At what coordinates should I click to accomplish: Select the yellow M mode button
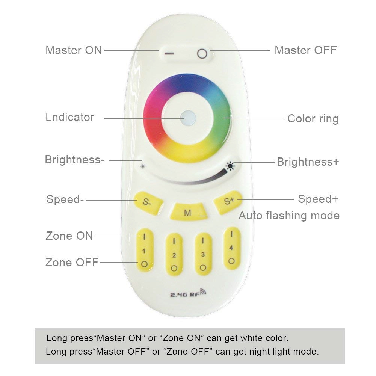[187, 213]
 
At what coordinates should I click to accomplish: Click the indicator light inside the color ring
[186, 118]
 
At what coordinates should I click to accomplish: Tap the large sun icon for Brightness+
[230, 166]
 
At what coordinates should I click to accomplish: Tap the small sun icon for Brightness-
[142, 166]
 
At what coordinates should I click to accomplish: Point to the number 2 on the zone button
[174, 256]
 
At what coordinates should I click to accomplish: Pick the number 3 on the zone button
[203, 255]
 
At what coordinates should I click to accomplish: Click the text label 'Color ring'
[313, 119]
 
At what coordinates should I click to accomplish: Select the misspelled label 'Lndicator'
[70, 117]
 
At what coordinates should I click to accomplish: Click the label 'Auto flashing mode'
[289, 216]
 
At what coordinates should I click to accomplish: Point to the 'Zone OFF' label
[72, 262]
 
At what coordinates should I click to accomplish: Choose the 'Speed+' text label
[318, 199]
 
